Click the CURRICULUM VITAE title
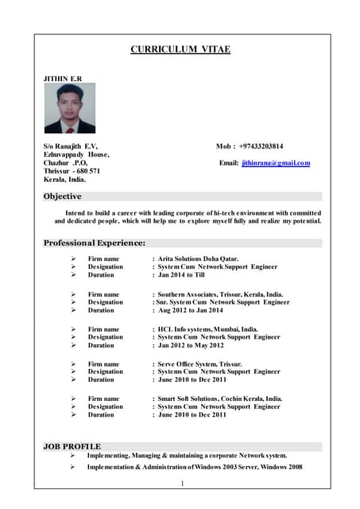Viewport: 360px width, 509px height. pos(180,49)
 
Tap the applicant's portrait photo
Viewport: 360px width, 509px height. pos(70,109)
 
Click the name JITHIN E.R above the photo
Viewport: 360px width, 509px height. pos(62,79)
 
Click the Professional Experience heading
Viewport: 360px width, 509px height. pos(95,243)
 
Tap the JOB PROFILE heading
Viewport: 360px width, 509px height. pos(72,446)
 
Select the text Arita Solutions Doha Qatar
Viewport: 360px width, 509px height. pos(198,258)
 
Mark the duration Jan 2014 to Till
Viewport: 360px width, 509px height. pos(181,275)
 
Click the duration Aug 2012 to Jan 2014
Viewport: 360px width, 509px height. pos(192,310)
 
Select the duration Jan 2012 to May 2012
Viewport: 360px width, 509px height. pos(191,345)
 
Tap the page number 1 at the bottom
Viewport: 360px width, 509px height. pos(182,484)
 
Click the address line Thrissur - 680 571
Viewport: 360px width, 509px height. pos(72,171)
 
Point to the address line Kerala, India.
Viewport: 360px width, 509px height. pos(64,180)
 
